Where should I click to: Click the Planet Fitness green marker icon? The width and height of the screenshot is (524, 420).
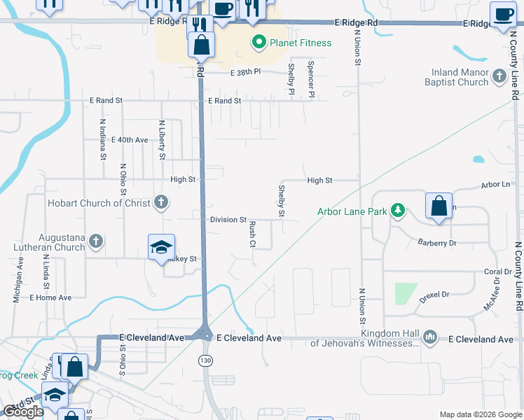pos(258,43)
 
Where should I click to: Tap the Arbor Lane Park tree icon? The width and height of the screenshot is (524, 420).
pos(398,210)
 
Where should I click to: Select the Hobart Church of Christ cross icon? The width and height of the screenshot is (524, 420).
pos(161,203)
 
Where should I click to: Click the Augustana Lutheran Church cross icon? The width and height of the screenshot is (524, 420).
pos(97,241)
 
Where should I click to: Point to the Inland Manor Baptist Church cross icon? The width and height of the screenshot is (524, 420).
pos(499,76)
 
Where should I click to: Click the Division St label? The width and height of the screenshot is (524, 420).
pos(228,220)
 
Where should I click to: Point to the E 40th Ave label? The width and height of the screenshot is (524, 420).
pos(130,140)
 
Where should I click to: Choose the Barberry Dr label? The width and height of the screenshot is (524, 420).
pos(437,243)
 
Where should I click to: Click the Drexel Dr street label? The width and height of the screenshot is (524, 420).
pos(434,295)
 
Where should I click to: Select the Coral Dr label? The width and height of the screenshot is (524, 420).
pos(498,272)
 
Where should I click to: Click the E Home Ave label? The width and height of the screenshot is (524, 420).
pos(50,297)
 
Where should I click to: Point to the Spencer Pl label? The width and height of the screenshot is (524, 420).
pos(310,78)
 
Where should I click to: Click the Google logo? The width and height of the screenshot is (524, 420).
pos(23,412)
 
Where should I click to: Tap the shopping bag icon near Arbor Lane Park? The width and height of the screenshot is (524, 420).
pos(439,207)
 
